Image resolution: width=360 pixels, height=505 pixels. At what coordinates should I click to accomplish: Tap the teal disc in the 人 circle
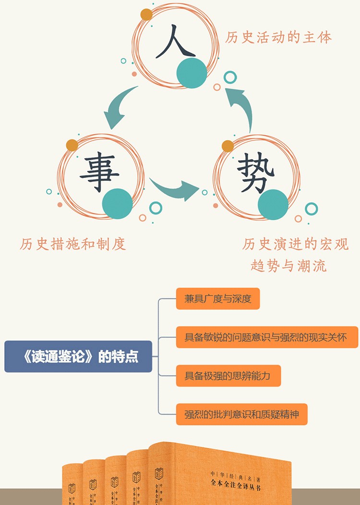point(192,73)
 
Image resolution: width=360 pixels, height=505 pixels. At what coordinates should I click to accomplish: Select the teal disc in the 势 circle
point(273,204)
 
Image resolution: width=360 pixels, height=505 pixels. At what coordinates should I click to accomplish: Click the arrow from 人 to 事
point(118,108)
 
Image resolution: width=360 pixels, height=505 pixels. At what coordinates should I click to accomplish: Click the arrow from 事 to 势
point(174,189)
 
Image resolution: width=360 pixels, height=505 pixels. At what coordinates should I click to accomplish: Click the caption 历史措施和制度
point(73,244)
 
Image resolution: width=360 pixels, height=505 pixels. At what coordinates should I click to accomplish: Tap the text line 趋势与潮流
point(288,265)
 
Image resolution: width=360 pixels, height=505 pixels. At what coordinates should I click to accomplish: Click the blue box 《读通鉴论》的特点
point(78,357)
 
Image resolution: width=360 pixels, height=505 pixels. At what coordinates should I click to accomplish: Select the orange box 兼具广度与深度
point(217,299)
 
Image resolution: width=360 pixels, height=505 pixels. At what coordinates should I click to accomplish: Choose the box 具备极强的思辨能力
point(228,375)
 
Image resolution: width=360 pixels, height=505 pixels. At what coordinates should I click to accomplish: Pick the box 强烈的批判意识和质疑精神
point(241,413)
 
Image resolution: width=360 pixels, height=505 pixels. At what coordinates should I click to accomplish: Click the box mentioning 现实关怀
point(267,337)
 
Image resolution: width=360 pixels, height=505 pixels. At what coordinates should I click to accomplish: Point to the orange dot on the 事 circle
point(72,145)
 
